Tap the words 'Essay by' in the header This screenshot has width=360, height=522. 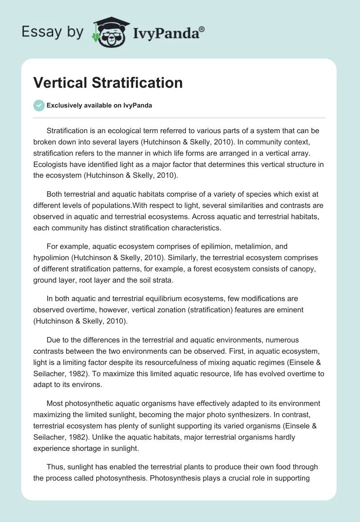[x=53, y=32]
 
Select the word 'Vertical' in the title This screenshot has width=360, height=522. [x=60, y=83]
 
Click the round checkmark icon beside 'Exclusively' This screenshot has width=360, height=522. [x=39, y=105]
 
